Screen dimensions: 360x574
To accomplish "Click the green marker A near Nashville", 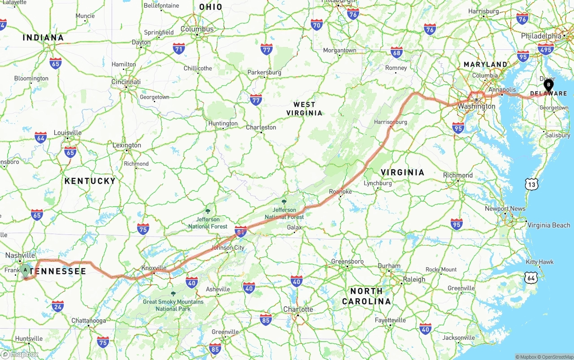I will coord(26,270).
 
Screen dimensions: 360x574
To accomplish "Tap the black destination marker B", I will coord(548,84).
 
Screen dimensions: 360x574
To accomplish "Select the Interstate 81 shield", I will coord(241,231).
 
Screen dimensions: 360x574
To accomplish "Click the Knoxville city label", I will coord(154,268).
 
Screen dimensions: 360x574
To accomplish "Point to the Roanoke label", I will coord(340,191).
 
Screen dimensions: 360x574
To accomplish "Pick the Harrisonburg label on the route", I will coord(391,122).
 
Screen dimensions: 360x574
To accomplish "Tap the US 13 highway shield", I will coord(532,183).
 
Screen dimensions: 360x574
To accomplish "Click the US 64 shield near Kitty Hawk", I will coord(532,278).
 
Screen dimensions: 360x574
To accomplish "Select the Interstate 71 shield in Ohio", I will coord(179,48).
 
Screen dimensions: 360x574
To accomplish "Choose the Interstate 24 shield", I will coord(57,306).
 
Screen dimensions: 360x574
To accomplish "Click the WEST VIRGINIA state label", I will coord(304,108).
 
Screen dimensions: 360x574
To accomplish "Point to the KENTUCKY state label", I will coord(90,181).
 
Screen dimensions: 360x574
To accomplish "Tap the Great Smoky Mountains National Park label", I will coord(173,305).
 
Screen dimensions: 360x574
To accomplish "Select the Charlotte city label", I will coord(298,309).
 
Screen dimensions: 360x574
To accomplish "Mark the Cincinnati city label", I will coord(126,82).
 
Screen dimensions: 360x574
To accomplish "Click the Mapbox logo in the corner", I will coord(20,354).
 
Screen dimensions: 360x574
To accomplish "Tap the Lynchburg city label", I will coord(378,183).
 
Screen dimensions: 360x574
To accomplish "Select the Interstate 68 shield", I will coord(396,52).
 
